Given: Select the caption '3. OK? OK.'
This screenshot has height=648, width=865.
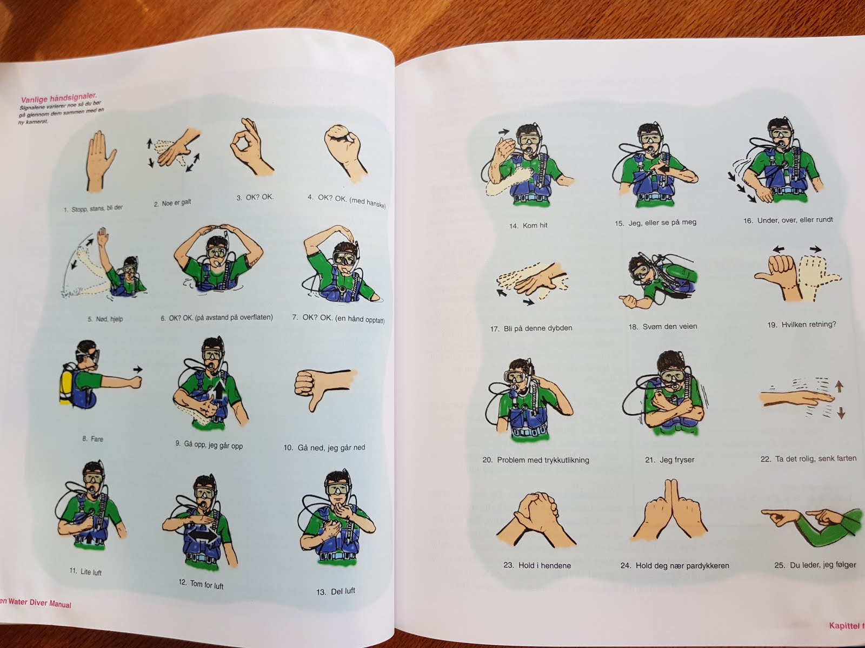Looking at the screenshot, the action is point(255,197).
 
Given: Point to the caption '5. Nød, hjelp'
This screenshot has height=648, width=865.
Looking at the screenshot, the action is point(105,319).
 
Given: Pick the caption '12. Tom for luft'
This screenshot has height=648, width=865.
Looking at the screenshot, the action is point(201,584).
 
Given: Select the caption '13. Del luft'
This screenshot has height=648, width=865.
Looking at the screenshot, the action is point(336,591).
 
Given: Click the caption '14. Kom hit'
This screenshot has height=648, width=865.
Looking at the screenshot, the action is point(528,226).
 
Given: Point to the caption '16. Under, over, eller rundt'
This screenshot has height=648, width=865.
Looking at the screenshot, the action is point(788,220).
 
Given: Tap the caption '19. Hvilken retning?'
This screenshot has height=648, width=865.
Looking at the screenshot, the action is point(802,325).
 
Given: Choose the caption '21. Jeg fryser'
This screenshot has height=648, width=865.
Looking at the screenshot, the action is point(669,460).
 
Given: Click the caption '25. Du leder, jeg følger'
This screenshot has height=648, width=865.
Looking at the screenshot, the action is point(815,565).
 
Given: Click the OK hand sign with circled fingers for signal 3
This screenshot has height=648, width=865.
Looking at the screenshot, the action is point(251,147).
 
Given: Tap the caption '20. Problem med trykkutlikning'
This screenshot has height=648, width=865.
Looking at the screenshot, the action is point(536,460).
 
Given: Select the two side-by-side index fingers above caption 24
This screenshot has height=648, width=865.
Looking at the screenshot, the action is point(670,511).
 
